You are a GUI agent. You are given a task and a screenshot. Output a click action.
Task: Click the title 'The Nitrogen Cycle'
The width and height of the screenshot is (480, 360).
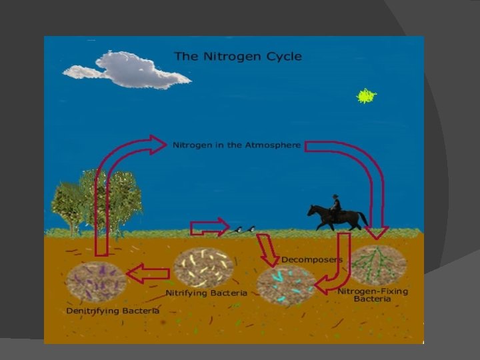pyautogui.click(x=238, y=56)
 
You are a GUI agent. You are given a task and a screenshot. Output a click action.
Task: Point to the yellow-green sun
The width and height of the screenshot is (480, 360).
pyautogui.click(x=366, y=97)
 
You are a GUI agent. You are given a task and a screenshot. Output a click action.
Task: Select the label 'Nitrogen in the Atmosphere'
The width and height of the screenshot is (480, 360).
pyautogui.click(x=237, y=145)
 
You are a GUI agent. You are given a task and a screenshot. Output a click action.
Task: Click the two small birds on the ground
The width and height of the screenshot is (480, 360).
pyautogui.click(x=244, y=229)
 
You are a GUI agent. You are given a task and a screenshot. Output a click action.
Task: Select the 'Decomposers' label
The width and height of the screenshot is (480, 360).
pyautogui.click(x=312, y=259)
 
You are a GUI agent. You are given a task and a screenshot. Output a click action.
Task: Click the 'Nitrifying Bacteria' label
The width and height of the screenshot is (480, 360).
pyautogui.click(x=206, y=293)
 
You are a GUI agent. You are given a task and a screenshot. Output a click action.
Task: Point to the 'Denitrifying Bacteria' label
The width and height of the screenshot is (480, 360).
pyautogui.click(x=113, y=311)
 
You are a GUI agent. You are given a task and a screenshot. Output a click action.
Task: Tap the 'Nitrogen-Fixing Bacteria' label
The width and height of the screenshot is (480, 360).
pyautogui.click(x=373, y=295)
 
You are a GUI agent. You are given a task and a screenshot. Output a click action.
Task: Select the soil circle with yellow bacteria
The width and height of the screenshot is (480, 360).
pyautogui.click(x=203, y=267)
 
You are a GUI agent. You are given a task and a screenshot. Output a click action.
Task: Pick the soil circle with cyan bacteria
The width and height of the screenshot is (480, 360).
pyautogui.click(x=286, y=285)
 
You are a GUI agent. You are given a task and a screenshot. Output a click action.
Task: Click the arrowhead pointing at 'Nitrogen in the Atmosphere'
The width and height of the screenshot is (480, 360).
pyautogui.click(x=158, y=144)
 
